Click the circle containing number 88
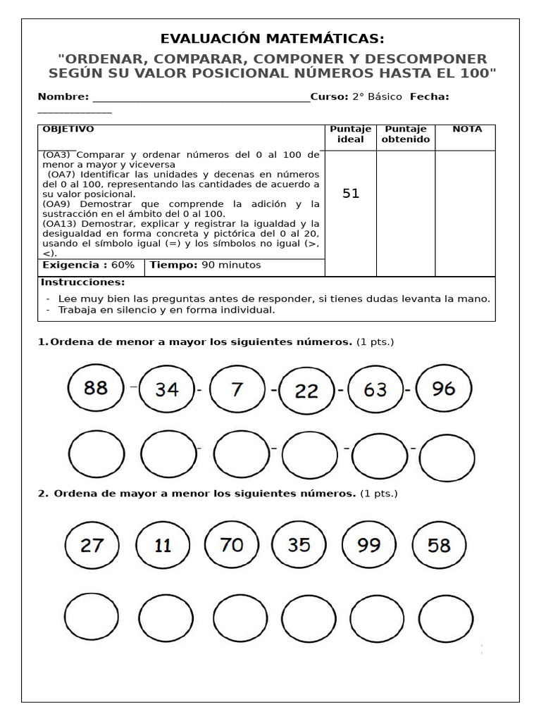[96, 387]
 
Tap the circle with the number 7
[237, 389]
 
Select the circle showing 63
[375, 389]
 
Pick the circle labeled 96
[444, 388]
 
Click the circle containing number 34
[166, 389]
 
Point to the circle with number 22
[306, 391]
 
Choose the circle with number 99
[369, 545]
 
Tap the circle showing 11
[163, 546]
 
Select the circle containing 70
[231, 544]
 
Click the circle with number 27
[92, 545]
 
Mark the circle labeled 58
[439, 545]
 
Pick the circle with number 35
[299, 544]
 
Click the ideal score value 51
[351, 194]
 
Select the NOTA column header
[467, 130]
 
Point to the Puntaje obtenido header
[406, 134]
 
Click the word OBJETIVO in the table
[68, 130]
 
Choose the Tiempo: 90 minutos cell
[205, 265]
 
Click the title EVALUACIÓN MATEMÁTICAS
[273, 39]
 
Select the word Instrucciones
[82, 282]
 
